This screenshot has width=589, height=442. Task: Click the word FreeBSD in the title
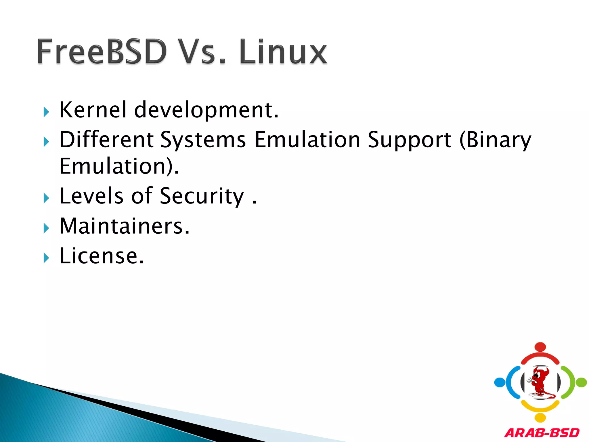point(102,52)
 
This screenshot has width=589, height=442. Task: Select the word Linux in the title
point(283,52)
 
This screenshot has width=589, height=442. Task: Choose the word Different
point(106,140)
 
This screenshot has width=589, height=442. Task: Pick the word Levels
point(91,196)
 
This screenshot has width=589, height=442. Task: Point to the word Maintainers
point(125,226)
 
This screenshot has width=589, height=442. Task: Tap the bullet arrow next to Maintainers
point(46,228)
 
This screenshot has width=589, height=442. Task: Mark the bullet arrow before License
point(46,258)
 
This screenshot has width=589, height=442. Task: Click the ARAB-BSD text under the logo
point(542,433)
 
